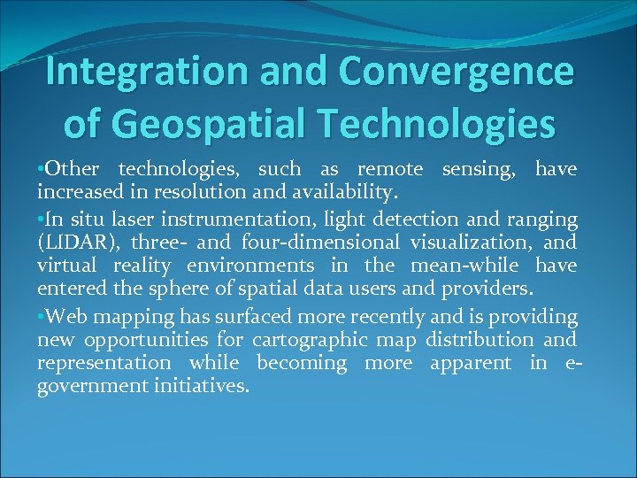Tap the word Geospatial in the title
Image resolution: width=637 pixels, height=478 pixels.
point(216,124)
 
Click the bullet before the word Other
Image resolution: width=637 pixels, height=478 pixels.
point(41,169)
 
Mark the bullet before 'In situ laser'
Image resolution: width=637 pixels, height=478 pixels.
point(41,219)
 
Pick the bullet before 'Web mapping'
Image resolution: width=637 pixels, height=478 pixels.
point(41,317)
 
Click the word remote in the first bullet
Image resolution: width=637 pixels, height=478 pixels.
point(390,169)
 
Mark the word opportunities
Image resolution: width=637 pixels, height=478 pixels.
point(141,340)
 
